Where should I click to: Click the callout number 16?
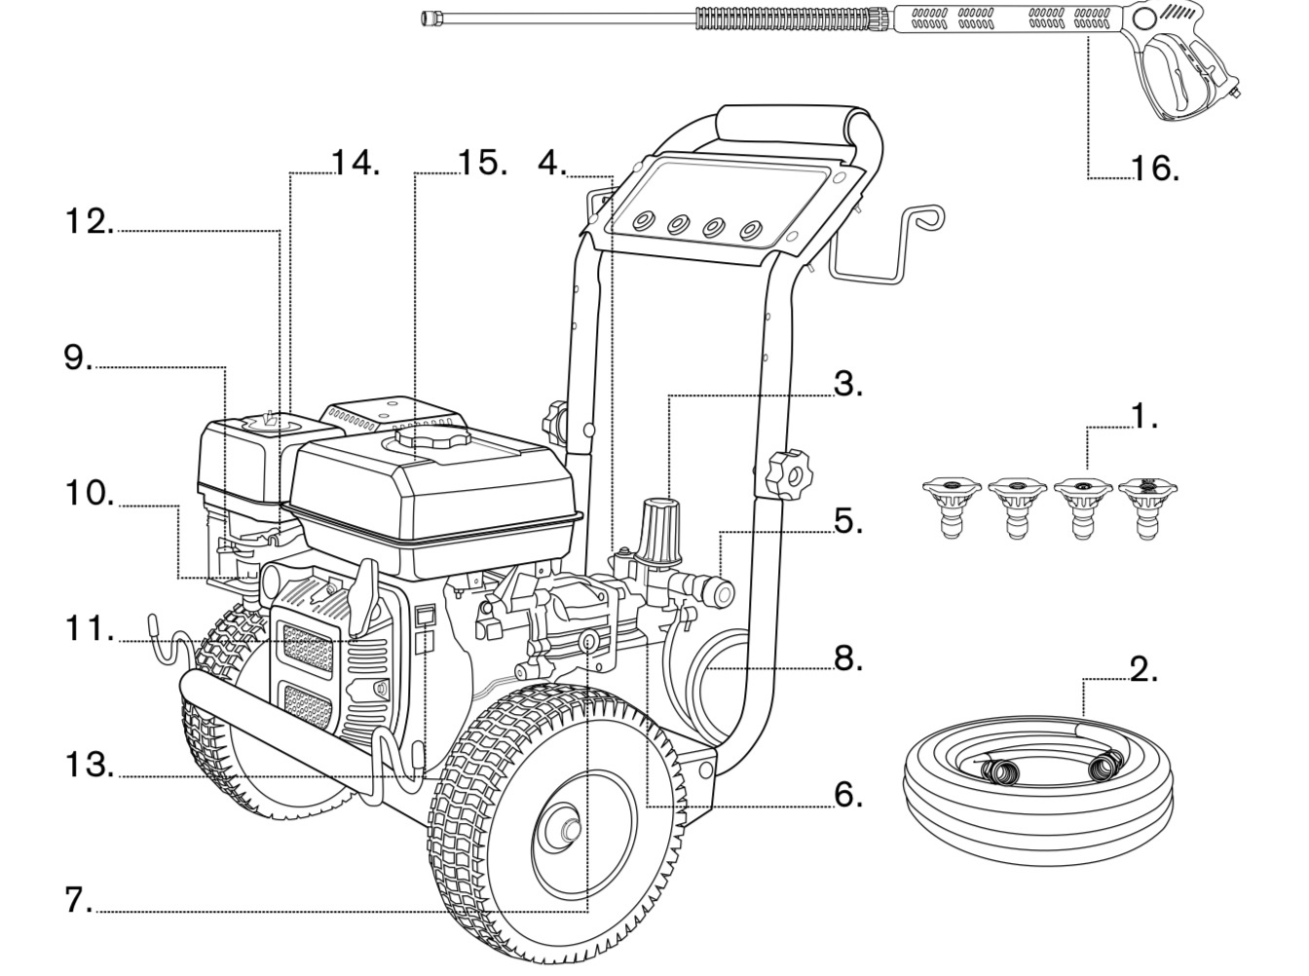(x=1154, y=169)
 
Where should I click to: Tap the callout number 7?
(x=78, y=900)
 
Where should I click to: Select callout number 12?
(x=89, y=221)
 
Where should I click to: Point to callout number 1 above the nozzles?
(x=1143, y=416)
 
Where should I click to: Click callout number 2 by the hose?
(x=1143, y=669)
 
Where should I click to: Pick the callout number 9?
(x=78, y=357)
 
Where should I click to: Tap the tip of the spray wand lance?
(x=428, y=17)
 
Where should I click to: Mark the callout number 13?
(x=89, y=765)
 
